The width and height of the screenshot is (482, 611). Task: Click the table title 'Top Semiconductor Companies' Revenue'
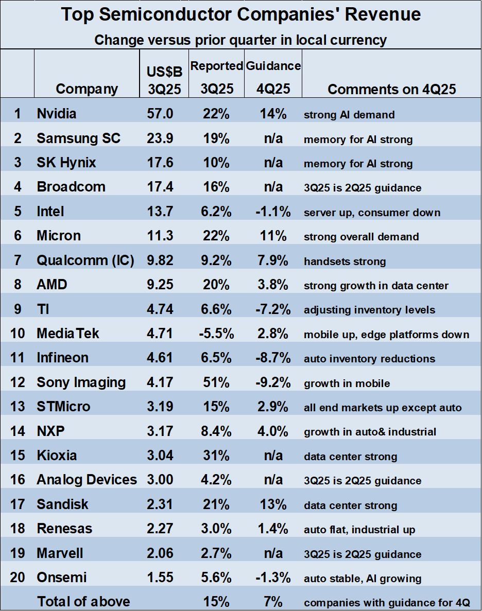(x=241, y=14)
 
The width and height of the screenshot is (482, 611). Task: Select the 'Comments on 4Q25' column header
(x=391, y=89)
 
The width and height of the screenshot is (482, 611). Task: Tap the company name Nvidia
(x=57, y=114)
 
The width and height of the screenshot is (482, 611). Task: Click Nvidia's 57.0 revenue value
(x=160, y=114)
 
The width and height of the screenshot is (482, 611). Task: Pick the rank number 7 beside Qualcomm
(x=18, y=260)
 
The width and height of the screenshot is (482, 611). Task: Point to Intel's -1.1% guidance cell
(x=273, y=212)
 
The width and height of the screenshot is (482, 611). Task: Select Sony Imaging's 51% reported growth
(x=216, y=382)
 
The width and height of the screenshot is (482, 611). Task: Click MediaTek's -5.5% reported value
(x=216, y=334)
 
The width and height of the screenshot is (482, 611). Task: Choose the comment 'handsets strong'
(x=345, y=261)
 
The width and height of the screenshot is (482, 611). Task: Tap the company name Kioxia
(x=57, y=456)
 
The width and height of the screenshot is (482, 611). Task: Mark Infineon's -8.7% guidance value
(x=273, y=358)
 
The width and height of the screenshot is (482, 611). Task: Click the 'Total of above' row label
(x=83, y=601)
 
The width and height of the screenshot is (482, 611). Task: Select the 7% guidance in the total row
(x=273, y=601)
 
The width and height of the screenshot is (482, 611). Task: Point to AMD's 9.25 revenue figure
(x=160, y=285)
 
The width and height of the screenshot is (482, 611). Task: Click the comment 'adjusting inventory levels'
(x=369, y=310)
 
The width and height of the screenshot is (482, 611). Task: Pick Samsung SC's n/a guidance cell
(x=273, y=138)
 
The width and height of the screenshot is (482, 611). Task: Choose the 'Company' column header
(x=87, y=89)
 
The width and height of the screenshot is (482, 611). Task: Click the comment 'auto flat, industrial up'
(x=359, y=530)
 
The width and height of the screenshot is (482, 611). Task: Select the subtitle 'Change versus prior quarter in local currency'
(x=240, y=40)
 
